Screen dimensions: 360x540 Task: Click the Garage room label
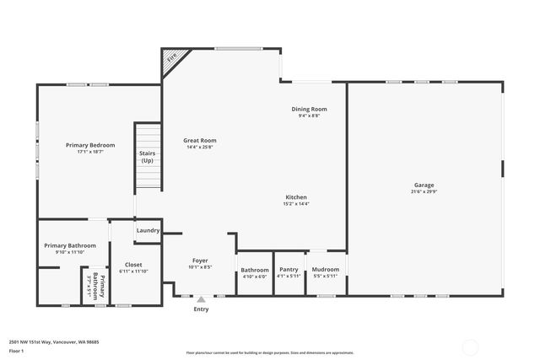pyautogui.click(x=424, y=185)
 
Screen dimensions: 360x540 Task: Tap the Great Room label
pyautogui.click(x=201, y=140)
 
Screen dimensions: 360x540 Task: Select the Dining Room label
pyautogui.click(x=309, y=109)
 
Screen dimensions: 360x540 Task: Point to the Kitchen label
pyautogui.click(x=295, y=196)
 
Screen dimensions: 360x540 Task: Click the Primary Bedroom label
pyautogui.click(x=90, y=145)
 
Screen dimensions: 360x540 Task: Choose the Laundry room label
pyautogui.click(x=148, y=230)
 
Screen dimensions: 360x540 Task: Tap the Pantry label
pyautogui.click(x=289, y=270)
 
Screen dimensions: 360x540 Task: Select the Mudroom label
pyautogui.click(x=325, y=270)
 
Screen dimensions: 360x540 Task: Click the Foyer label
pyautogui.click(x=200, y=261)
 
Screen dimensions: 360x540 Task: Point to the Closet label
pyautogui.click(x=133, y=265)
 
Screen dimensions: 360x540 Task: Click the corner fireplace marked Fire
pyautogui.click(x=172, y=58)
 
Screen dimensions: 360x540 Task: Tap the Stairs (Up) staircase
pyautogui.click(x=148, y=157)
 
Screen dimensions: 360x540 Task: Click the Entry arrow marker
pyautogui.click(x=201, y=298)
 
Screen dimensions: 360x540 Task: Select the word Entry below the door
pyautogui.click(x=201, y=309)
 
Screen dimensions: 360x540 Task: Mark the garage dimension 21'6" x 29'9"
pyautogui.click(x=424, y=191)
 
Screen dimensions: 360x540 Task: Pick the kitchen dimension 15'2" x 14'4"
pyautogui.click(x=295, y=203)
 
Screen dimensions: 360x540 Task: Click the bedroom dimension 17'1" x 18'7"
pyautogui.click(x=90, y=152)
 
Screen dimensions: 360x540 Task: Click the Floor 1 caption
pyautogui.click(x=17, y=350)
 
